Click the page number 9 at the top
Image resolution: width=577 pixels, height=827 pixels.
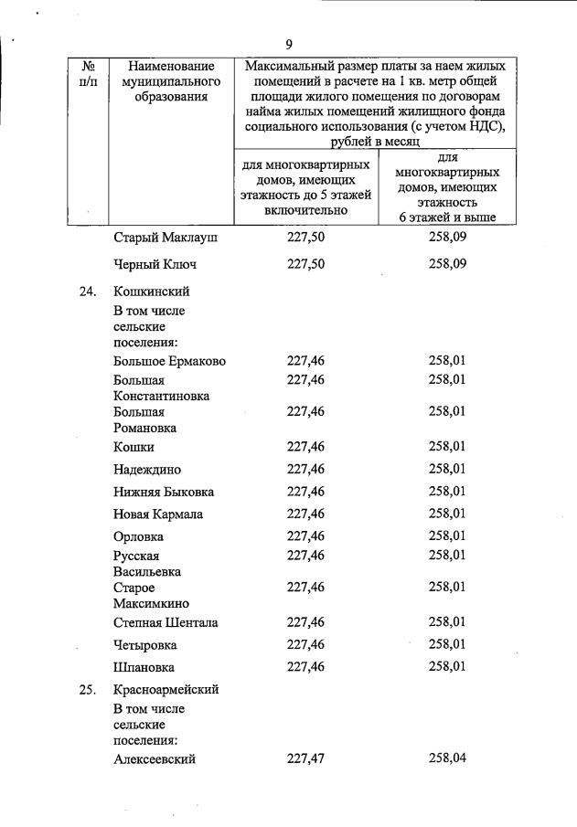pyautogui.click(x=288, y=44)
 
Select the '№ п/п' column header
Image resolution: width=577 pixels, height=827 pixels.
pyautogui.click(x=89, y=74)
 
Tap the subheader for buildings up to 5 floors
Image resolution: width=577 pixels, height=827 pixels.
pyautogui.click(x=305, y=187)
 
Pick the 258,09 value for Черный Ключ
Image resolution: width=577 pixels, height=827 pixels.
pyautogui.click(x=447, y=265)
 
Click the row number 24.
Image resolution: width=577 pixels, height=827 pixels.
pyautogui.click(x=88, y=292)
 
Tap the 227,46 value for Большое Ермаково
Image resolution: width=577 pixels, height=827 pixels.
pyautogui.click(x=305, y=361)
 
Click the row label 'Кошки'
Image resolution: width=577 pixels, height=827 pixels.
pyautogui.click(x=134, y=447)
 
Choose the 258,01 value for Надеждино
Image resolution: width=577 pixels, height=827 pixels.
pyautogui.click(x=447, y=470)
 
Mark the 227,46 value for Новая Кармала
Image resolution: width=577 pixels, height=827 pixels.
pyautogui.click(x=305, y=514)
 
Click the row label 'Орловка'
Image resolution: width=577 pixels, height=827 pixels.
pyautogui.click(x=139, y=535)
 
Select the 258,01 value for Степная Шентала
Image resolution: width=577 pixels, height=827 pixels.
pyautogui.click(x=447, y=623)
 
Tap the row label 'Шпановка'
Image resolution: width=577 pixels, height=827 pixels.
pyautogui.click(x=144, y=667)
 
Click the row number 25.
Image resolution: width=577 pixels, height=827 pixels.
pyautogui.click(x=88, y=690)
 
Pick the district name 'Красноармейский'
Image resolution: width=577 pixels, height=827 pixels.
pyautogui.click(x=166, y=690)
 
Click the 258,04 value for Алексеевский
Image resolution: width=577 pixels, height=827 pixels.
pyautogui.click(x=447, y=758)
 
